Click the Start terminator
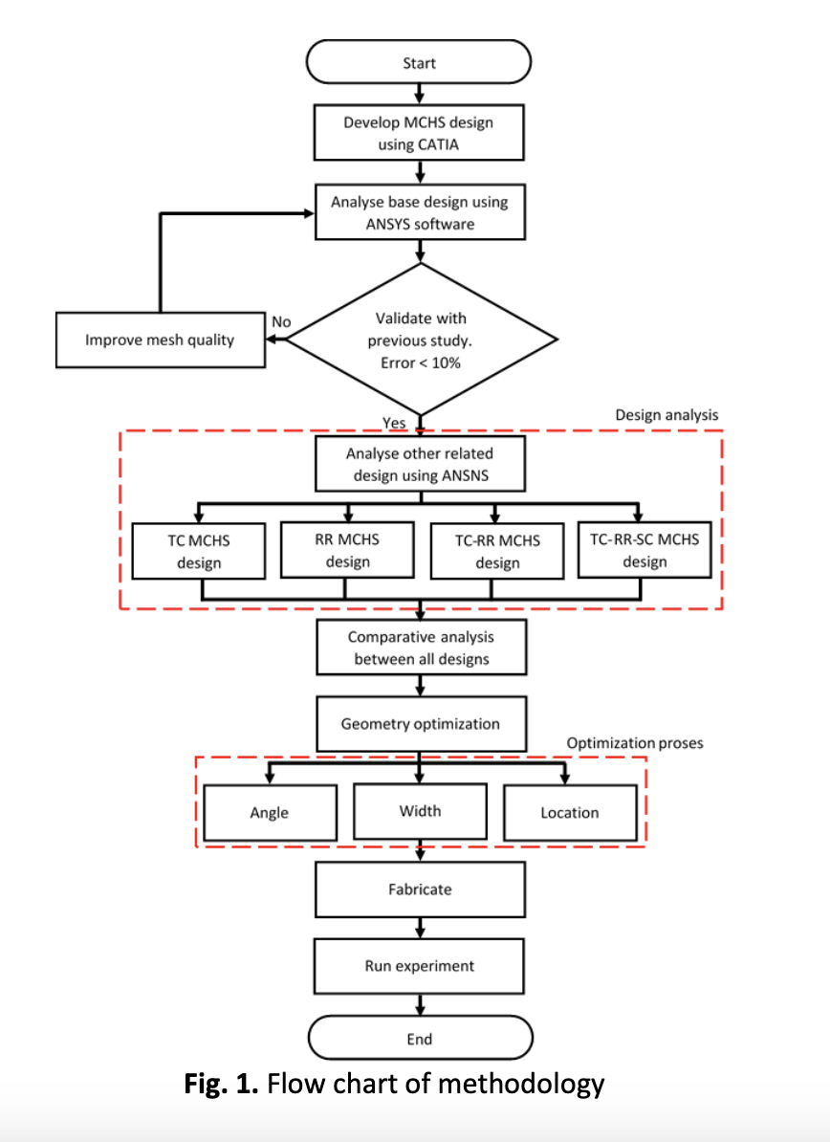coord(419,62)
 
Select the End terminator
coord(420,1038)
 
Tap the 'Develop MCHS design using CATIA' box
coord(419,133)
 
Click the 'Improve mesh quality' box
coord(161,340)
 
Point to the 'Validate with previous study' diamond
coord(422,340)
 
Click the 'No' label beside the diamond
coord(281,322)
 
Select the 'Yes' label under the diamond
coord(394,423)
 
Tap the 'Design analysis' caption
coord(666,415)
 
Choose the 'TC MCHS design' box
coord(199,551)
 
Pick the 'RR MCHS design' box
coord(347,550)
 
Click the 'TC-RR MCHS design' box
coord(497,551)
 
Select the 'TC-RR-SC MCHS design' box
coord(644,550)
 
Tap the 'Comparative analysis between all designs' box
coord(422,648)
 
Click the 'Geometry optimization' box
coord(422,724)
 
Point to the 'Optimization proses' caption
coord(635,743)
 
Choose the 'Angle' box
coord(270,813)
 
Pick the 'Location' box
coord(570,813)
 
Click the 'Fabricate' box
coord(420,889)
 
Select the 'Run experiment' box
coord(420,966)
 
